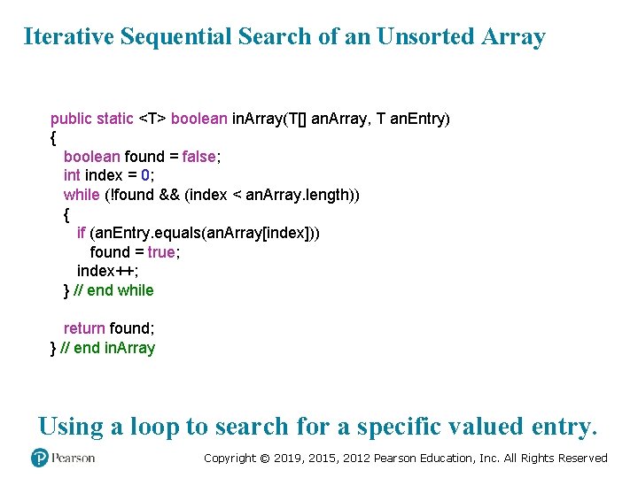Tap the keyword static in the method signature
point(115,119)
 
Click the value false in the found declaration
point(199,157)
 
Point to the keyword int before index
point(72,175)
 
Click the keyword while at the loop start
point(82,195)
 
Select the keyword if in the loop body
point(82,233)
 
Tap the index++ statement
point(106,271)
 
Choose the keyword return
point(84,328)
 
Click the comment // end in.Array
point(107,348)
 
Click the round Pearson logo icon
point(40,458)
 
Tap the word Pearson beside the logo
point(73,458)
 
